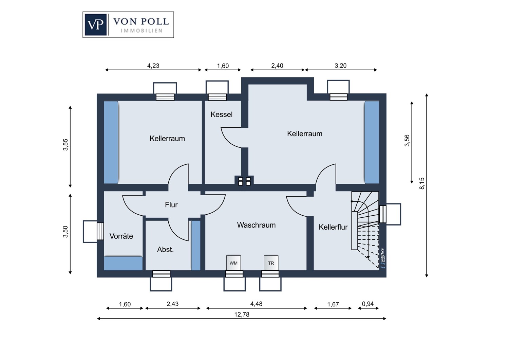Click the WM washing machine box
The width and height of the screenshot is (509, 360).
(233, 263)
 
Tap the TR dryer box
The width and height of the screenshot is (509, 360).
(271, 263)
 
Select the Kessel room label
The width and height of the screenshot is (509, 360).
(221, 114)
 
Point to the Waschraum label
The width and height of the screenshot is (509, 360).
(256, 225)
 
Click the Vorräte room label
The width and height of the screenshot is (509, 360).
(121, 236)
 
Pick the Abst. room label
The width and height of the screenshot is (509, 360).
(165, 250)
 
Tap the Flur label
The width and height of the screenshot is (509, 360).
(171, 205)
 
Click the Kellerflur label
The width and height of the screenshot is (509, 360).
(333, 227)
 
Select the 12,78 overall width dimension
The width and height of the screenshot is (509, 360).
(242, 314)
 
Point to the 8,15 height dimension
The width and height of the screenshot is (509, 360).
(422, 183)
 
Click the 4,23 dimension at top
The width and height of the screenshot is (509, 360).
(153, 66)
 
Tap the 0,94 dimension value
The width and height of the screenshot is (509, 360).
(367, 304)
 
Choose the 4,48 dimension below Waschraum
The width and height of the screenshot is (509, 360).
(256, 304)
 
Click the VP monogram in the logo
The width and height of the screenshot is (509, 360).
(96, 24)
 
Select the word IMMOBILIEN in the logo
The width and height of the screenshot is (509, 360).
(142, 31)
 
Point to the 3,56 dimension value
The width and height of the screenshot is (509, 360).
(407, 141)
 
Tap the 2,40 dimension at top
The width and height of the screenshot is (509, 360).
(277, 66)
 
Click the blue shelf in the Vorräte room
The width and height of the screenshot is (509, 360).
(123, 263)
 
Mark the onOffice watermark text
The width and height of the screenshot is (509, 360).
(383, 258)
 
